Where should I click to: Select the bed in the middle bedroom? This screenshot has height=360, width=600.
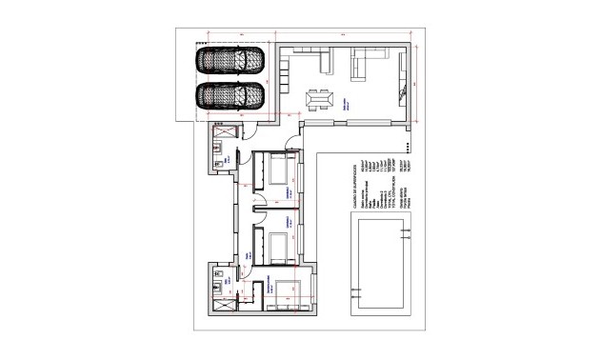click(279, 247)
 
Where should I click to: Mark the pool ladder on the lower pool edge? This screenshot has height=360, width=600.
click(357, 290)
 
